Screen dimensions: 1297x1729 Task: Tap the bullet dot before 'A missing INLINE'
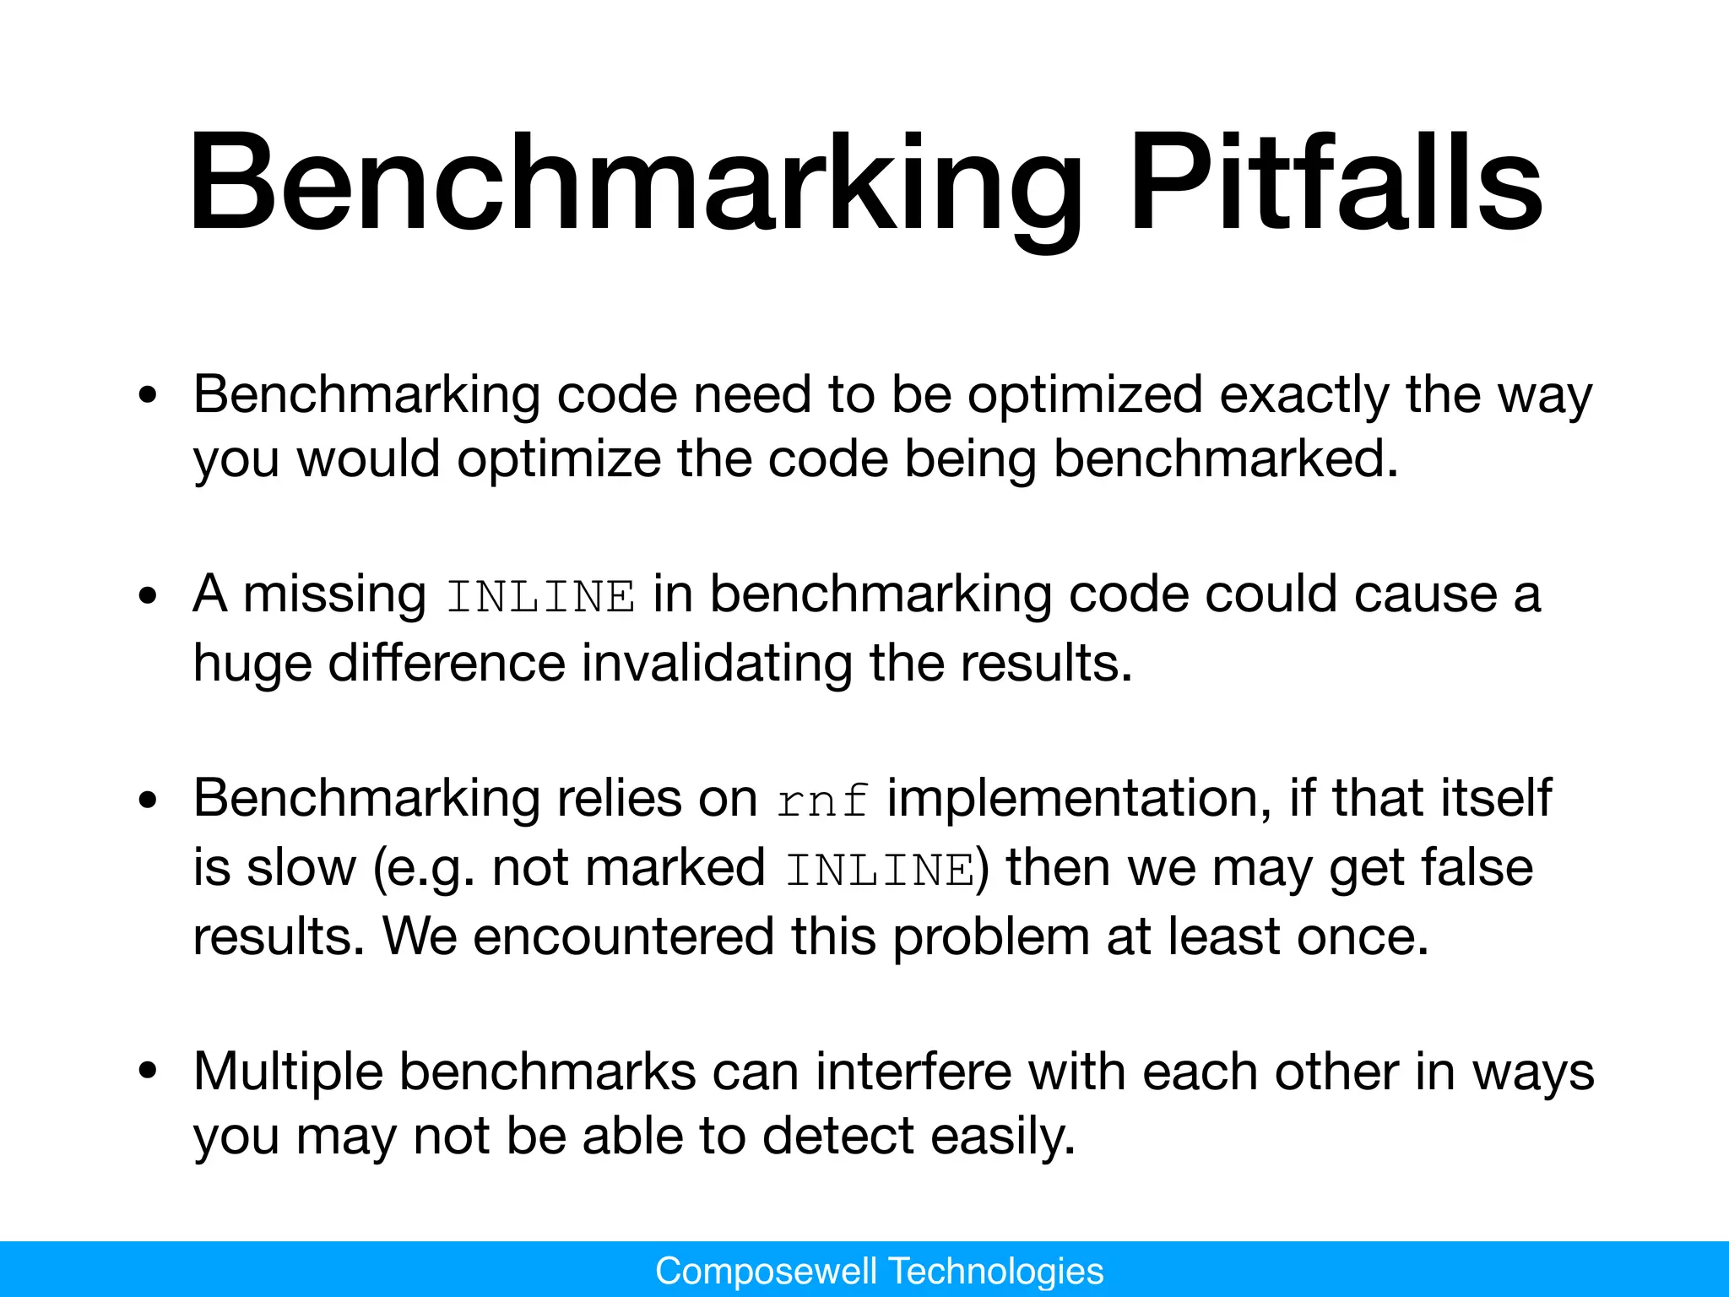click(x=149, y=597)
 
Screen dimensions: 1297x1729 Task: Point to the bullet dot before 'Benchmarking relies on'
click(x=149, y=800)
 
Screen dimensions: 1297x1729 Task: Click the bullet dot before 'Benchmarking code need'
click(x=149, y=396)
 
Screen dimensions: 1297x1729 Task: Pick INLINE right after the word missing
click(x=540, y=597)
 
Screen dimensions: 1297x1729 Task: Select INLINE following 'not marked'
click(x=880, y=870)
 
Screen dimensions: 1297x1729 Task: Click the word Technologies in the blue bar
click(x=996, y=1271)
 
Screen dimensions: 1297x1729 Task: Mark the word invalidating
click(x=717, y=663)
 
